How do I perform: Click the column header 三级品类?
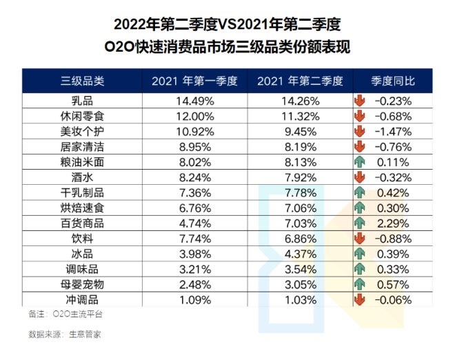click(x=82, y=81)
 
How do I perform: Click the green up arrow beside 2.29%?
click(x=359, y=222)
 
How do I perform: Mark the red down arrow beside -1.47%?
click(x=359, y=130)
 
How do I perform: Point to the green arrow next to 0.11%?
click(x=359, y=161)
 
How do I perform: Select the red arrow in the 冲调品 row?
click(x=359, y=299)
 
